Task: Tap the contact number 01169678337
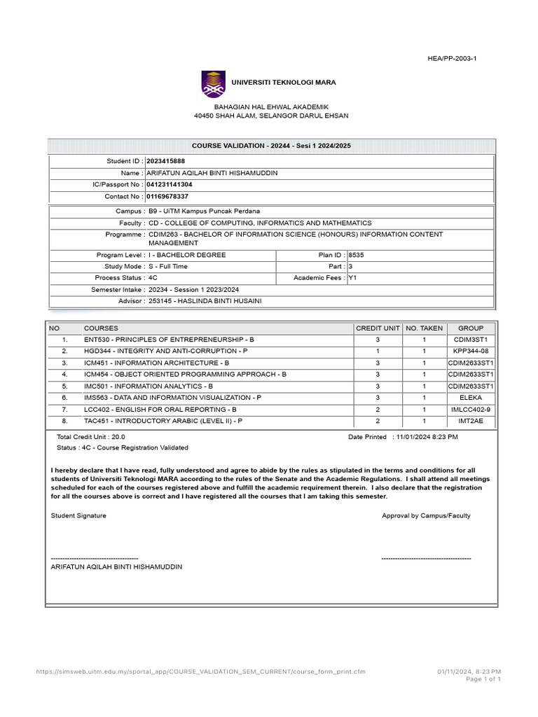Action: click(167, 197)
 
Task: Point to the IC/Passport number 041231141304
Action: click(169, 185)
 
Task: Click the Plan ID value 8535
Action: click(356, 255)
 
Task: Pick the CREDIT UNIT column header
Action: click(378, 328)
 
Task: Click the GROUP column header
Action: click(471, 328)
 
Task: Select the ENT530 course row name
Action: click(169, 340)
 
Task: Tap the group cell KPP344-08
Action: click(471, 351)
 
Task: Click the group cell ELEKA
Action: click(471, 398)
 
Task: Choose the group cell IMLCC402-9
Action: click(471, 409)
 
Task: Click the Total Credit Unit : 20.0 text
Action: click(90, 436)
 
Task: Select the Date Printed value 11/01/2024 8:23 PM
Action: click(427, 436)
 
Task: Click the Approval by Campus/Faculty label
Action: click(426, 515)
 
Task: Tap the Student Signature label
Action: click(78, 515)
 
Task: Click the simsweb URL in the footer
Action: click(200, 671)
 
